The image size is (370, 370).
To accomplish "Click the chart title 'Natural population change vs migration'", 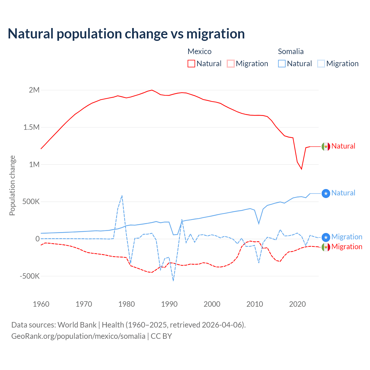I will [x=126, y=34].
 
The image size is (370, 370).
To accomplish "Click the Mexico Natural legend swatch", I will [x=191, y=64].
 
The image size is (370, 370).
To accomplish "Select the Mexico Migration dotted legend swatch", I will [x=231, y=64].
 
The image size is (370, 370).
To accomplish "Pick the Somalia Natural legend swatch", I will [x=282, y=64].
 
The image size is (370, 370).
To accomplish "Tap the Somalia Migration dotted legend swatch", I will [x=321, y=64].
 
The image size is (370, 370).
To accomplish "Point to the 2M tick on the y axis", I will [x=34, y=90].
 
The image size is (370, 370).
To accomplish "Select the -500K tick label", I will [x=29, y=276].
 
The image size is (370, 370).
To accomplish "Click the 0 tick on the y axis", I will [x=37, y=239].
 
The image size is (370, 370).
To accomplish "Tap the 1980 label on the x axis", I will [x=127, y=304].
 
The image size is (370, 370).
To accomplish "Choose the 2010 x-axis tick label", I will [x=255, y=304].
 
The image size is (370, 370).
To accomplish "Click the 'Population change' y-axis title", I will [x=12, y=186].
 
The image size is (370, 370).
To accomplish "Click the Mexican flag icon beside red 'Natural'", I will [x=326, y=147].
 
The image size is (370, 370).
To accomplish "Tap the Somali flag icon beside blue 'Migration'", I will [x=326, y=237].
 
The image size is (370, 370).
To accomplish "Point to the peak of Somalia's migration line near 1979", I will [x=122, y=196].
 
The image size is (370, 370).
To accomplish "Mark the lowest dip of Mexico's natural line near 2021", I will [x=301, y=169].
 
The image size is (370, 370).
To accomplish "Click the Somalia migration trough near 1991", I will [x=173, y=280].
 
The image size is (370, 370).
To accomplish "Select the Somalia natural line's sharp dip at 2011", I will [x=259, y=223].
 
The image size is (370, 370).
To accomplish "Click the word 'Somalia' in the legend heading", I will [x=291, y=51].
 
